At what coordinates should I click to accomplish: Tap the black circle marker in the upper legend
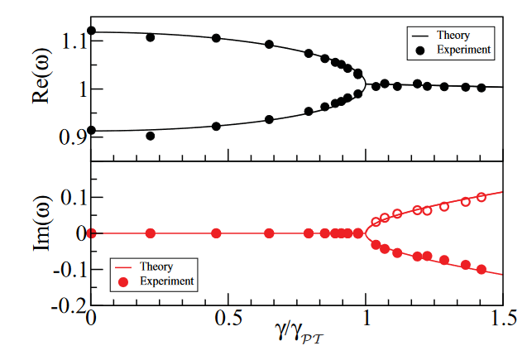pyautogui.click(x=420, y=50)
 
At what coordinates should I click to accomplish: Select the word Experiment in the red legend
pyautogui.click(x=166, y=281)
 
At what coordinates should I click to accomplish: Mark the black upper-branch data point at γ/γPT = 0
pyautogui.click(x=91, y=31)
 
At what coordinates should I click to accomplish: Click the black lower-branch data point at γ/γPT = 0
pyautogui.click(x=91, y=130)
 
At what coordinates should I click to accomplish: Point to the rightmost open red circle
pyautogui.click(x=481, y=197)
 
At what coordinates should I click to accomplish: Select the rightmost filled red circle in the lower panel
pyautogui.click(x=481, y=270)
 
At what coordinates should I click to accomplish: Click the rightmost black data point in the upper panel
pyautogui.click(x=481, y=87)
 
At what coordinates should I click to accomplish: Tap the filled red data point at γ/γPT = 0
pyautogui.click(x=91, y=233)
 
